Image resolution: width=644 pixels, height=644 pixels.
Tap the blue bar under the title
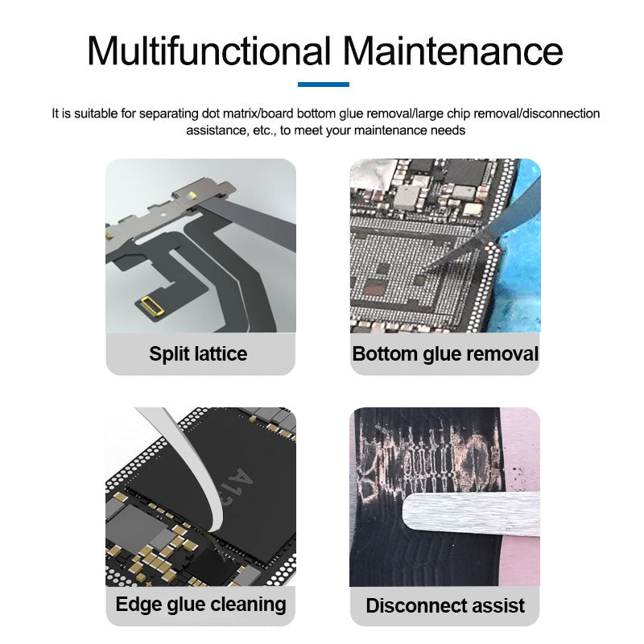(x=323, y=84)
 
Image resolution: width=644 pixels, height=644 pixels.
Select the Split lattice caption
(x=198, y=353)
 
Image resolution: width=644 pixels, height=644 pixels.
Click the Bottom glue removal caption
(x=445, y=353)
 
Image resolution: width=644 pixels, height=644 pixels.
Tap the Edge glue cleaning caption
(x=200, y=604)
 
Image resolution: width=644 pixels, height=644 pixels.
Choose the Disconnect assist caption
(x=445, y=605)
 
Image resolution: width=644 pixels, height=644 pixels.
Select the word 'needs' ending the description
(x=448, y=130)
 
